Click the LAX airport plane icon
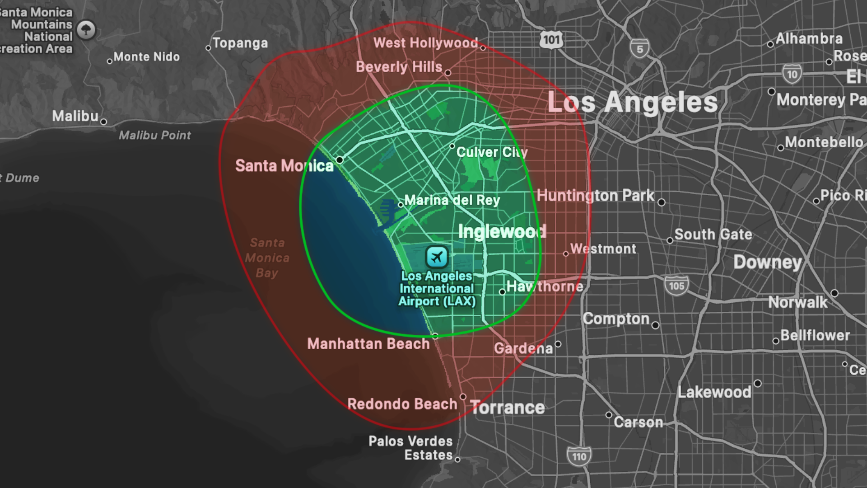coord(437,257)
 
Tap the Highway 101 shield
coord(551,40)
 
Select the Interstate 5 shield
coord(639,49)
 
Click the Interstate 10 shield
coord(792,75)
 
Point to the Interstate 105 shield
coord(676,286)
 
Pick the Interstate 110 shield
coord(579,456)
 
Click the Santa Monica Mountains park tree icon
coord(86,30)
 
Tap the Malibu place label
coord(75,116)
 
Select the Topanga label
coord(240,43)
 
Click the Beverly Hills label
coord(399,67)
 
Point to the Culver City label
coord(492,152)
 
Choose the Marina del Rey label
coord(452,200)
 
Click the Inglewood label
coord(502,232)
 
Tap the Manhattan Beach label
coord(368,344)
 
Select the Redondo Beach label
coord(402,404)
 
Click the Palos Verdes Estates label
coord(410,448)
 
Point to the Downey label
coord(767,262)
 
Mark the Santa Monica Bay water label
coord(267,258)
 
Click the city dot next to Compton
coord(656,325)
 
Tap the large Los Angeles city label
coord(632,102)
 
